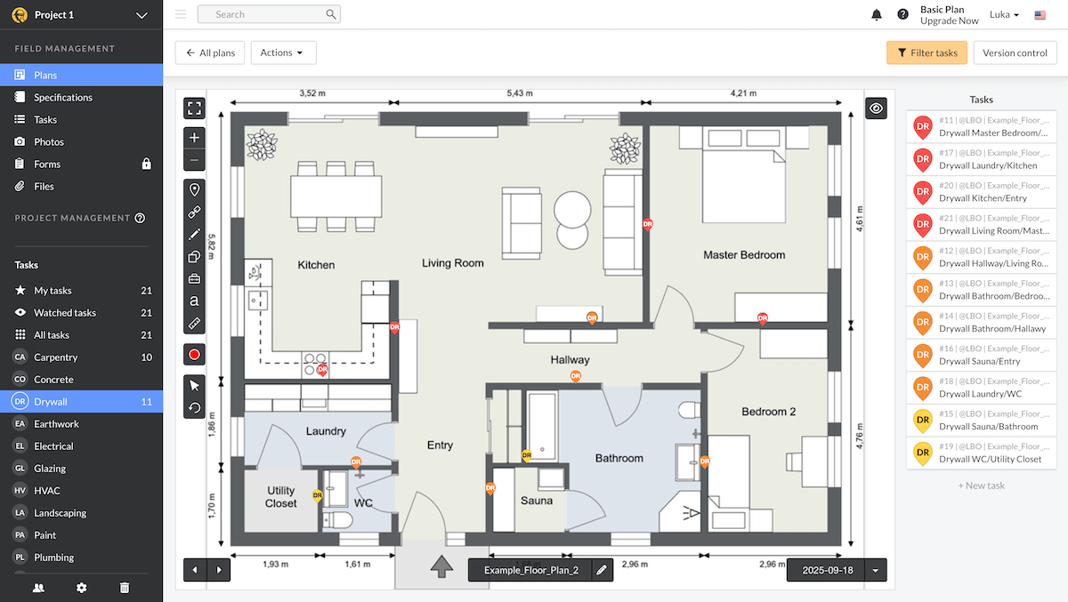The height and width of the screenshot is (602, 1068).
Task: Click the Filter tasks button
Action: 926,52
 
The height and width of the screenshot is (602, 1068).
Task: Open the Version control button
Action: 1015,52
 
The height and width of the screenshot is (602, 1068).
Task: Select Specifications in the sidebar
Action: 62,98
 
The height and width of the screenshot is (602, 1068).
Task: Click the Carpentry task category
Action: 55,357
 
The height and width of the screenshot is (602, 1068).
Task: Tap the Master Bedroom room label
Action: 744,255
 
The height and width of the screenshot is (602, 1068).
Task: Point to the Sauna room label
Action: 537,501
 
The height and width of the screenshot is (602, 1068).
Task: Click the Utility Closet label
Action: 280,497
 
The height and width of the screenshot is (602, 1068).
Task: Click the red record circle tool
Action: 194,355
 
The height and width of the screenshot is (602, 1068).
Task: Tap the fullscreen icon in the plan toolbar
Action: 194,108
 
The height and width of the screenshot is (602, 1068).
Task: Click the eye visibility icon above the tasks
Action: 877,108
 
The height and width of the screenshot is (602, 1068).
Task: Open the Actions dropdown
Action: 283,52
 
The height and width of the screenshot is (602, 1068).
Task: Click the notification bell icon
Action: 877,15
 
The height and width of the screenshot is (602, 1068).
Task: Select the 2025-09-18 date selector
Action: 827,570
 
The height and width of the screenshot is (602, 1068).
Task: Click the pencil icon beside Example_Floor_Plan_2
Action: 602,570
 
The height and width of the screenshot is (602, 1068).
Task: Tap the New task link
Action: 981,486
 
